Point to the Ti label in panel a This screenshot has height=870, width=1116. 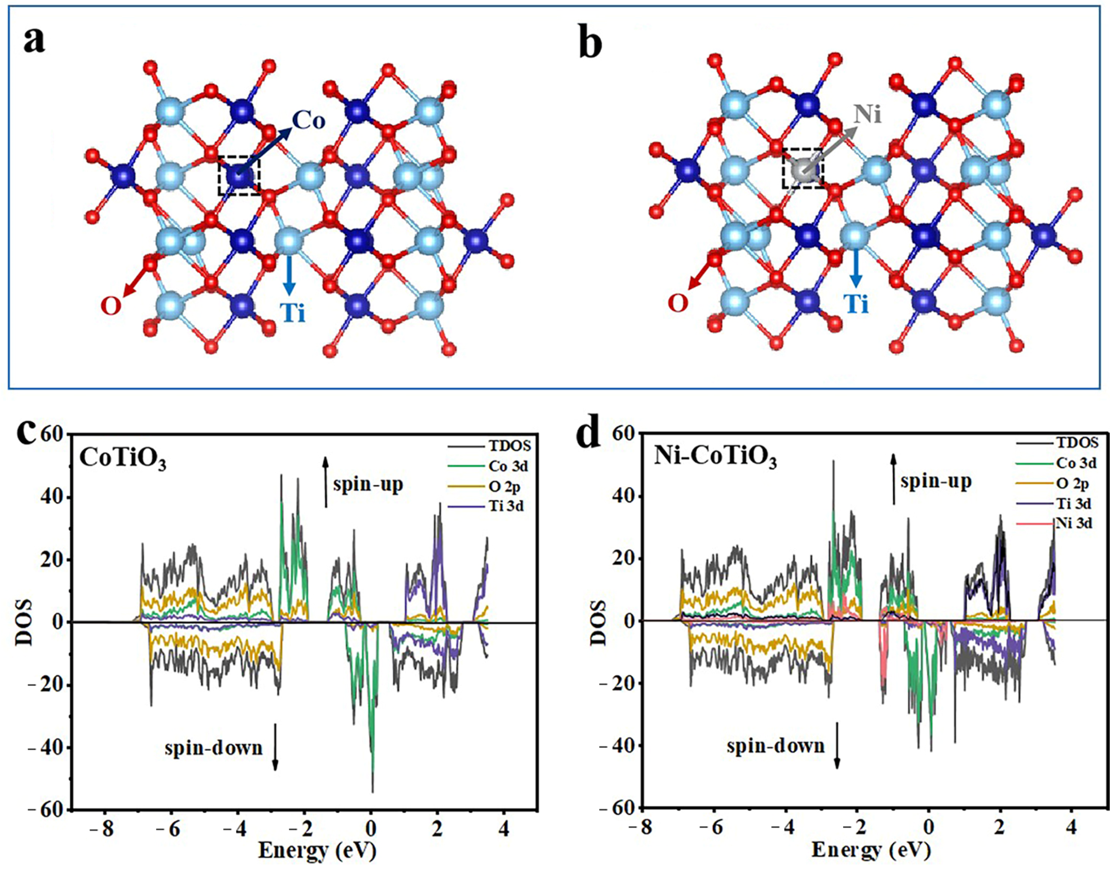[x=293, y=312]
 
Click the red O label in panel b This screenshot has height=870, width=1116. [x=678, y=304]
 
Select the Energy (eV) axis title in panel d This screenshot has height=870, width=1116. [x=870, y=850]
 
